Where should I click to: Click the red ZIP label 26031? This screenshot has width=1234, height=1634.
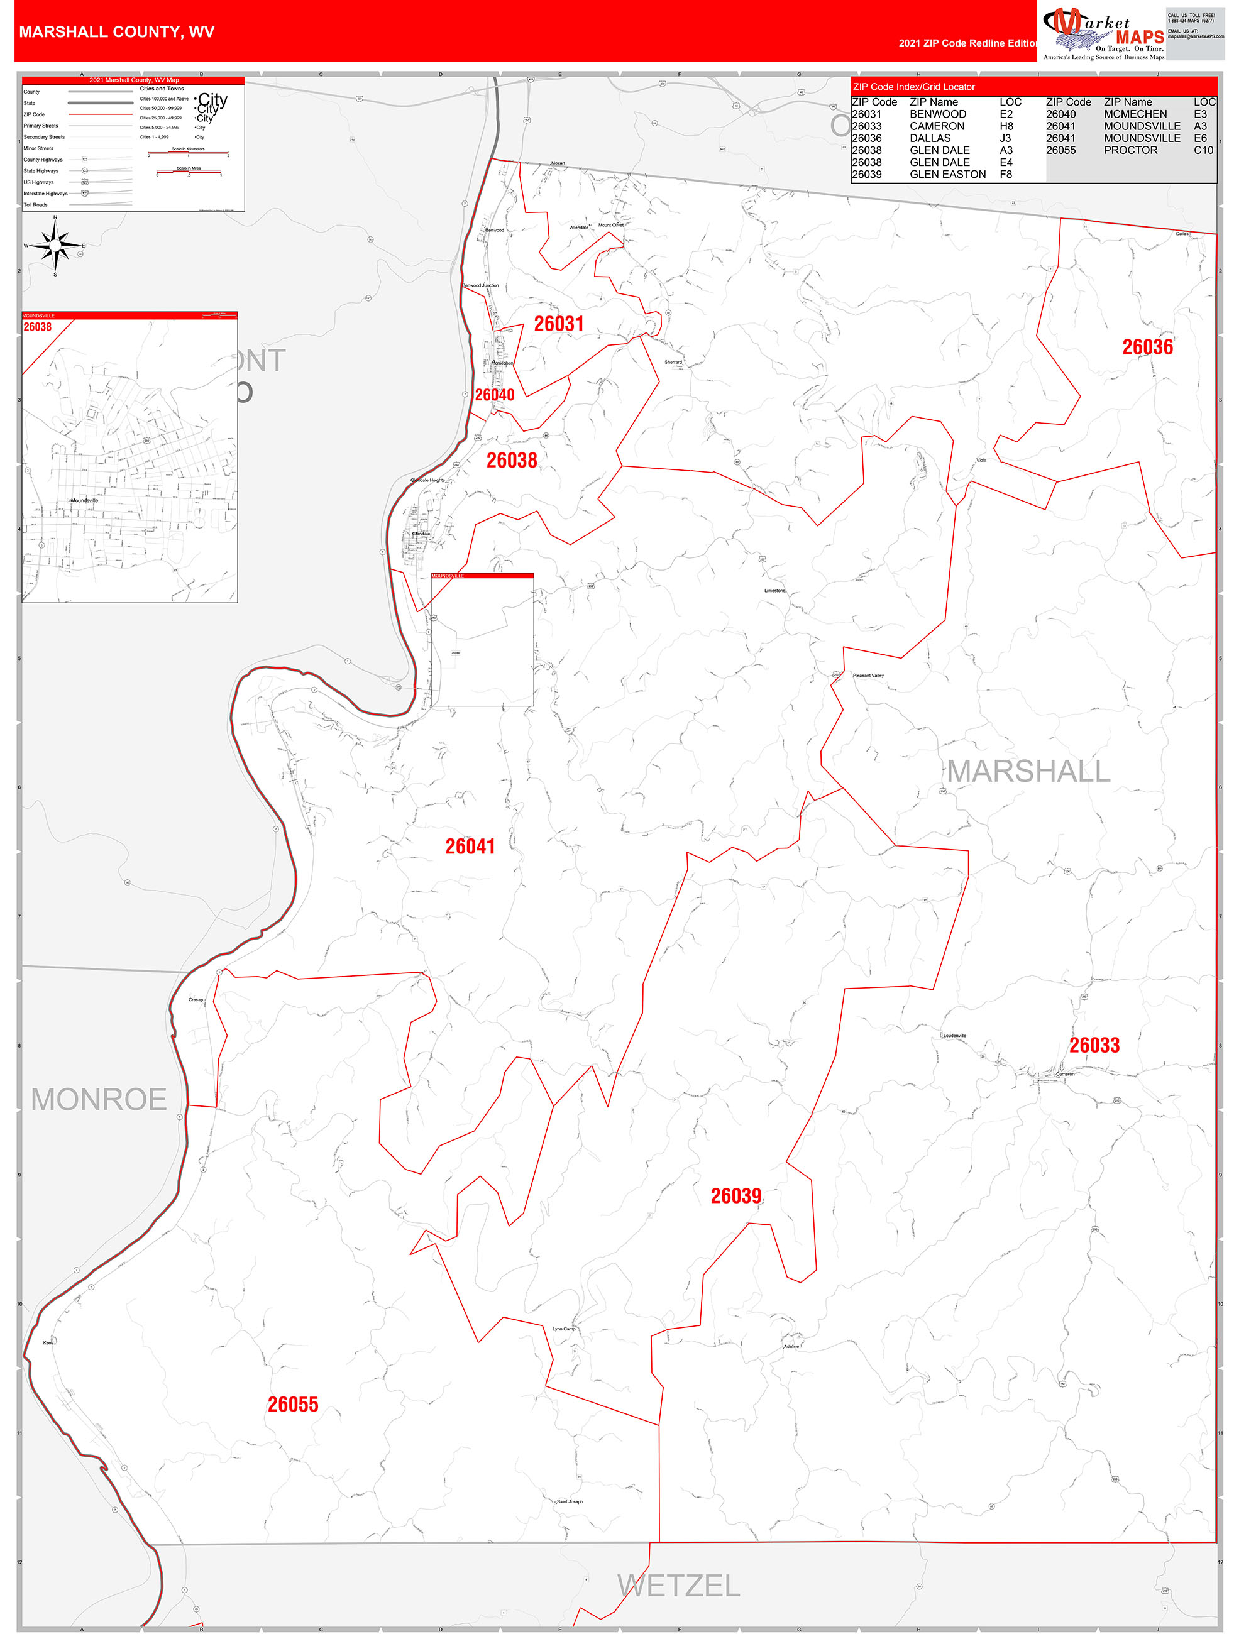click(559, 324)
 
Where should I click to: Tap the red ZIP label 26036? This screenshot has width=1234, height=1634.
click(1147, 347)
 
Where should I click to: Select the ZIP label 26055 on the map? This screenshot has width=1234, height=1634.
click(292, 1404)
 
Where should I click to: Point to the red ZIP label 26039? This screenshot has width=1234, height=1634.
click(735, 1196)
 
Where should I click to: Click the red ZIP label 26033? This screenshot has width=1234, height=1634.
click(1094, 1045)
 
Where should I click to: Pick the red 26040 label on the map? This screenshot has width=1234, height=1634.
click(494, 395)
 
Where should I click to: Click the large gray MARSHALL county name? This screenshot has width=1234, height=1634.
click(1028, 771)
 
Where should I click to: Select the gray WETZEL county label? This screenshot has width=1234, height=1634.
click(678, 1585)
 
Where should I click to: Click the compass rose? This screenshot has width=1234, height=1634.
click(55, 244)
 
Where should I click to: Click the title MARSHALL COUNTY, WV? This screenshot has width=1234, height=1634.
click(117, 32)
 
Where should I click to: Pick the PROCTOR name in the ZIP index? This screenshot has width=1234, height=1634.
click(1130, 150)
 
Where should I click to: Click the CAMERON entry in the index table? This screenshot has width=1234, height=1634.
click(936, 126)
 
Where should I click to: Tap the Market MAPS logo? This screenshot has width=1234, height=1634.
click(1103, 33)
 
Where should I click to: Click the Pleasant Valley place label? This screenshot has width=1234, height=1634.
click(868, 675)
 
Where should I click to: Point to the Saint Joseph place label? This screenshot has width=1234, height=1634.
click(570, 1501)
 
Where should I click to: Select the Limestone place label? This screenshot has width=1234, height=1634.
click(774, 591)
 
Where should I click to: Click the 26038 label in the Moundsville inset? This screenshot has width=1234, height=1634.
click(38, 327)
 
